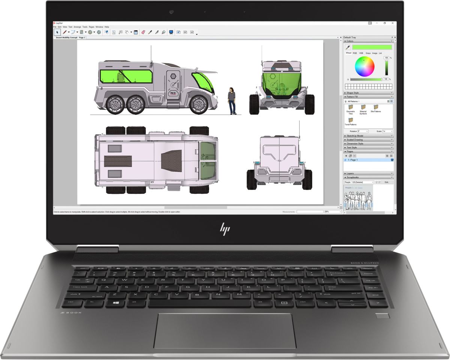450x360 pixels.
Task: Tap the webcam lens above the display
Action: tap(171, 12)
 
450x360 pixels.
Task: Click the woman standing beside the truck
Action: tap(232, 100)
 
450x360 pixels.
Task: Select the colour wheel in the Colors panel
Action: tap(364, 67)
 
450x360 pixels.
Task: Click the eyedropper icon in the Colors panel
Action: tap(348, 47)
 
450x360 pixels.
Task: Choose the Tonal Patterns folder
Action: tap(351, 120)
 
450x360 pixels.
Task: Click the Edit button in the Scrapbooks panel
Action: tap(387, 182)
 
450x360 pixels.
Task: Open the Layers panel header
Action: tap(350, 174)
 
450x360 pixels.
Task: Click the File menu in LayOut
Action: tap(55, 27)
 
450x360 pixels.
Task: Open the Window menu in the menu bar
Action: tap(99, 27)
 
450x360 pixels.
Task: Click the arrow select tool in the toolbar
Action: tap(57, 32)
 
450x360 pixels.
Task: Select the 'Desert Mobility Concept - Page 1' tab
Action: tap(71, 37)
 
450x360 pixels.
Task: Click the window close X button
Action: tap(392, 23)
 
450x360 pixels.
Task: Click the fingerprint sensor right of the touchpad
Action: tap(382, 316)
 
